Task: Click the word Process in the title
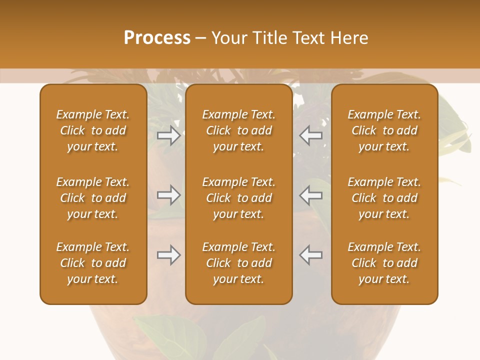pos(157,38)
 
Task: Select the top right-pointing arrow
pos(169,135)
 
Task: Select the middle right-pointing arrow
pos(169,195)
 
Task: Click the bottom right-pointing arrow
pos(169,255)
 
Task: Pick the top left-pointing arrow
pos(310,135)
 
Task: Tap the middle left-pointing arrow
pos(310,195)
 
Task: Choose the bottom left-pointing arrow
pos(310,255)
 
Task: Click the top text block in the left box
pos(93,130)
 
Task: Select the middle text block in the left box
pos(93,198)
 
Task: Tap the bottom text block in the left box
pos(93,263)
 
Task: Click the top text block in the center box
pos(238,130)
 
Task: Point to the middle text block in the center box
pos(238,198)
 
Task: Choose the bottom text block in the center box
pos(238,263)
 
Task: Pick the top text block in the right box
pos(384,130)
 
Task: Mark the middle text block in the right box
pos(384,198)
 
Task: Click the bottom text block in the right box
pos(384,263)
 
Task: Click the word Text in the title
pos(308,38)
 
